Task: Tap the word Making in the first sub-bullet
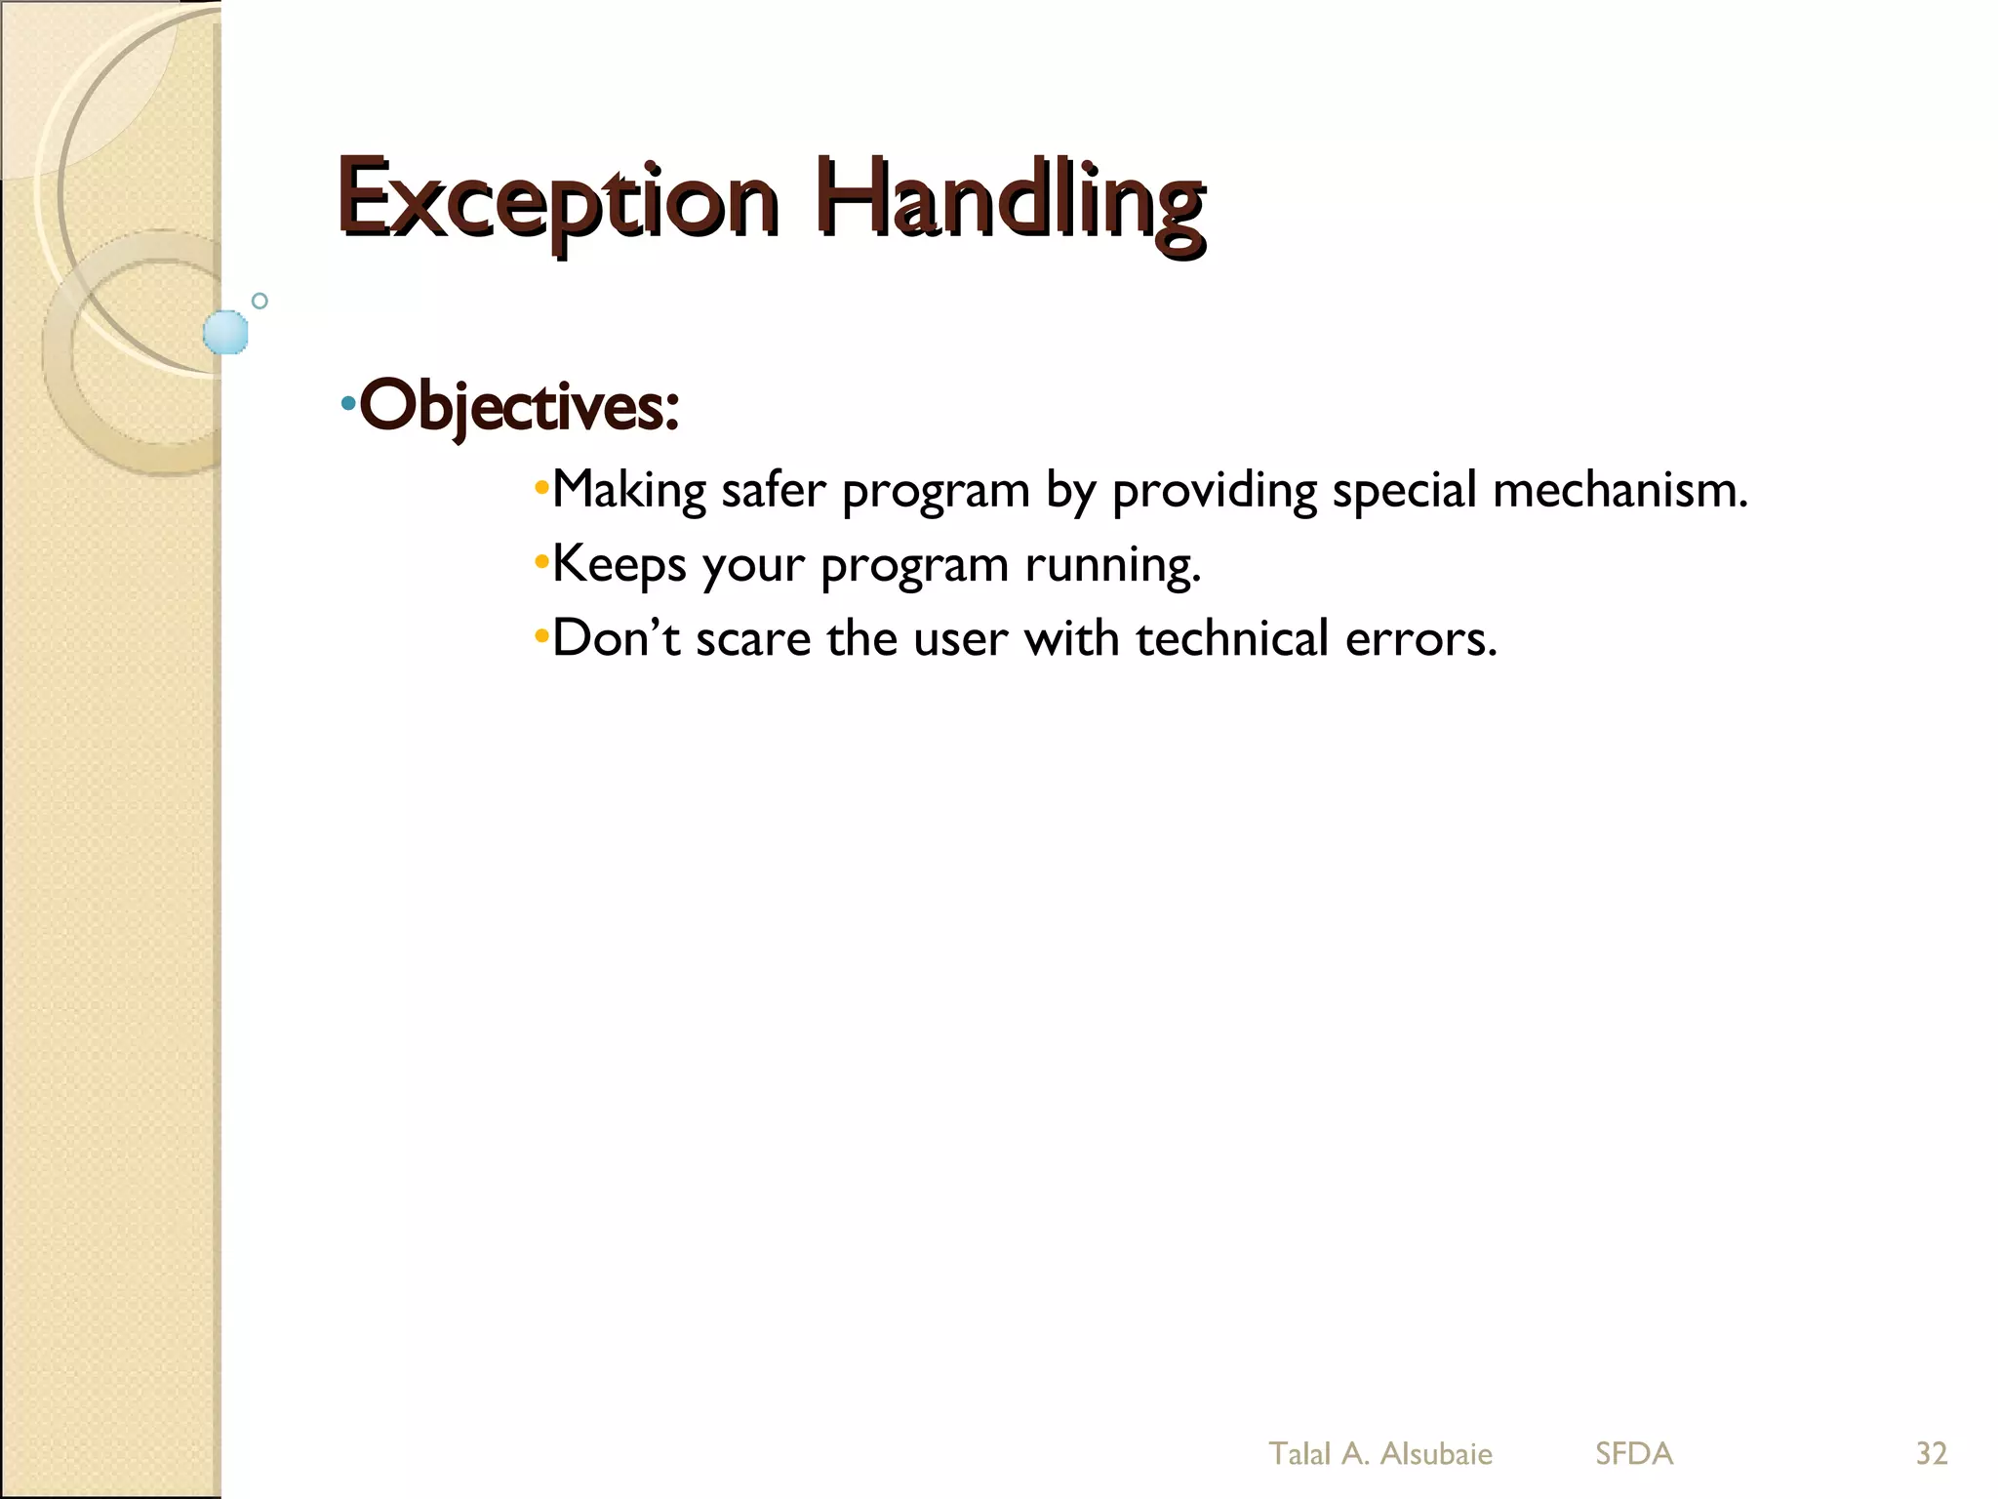click(x=629, y=490)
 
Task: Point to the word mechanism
click(x=1619, y=490)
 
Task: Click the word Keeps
click(x=619, y=565)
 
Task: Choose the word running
click(x=1112, y=565)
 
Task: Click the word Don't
click(x=616, y=638)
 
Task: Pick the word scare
click(x=753, y=638)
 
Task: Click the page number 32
click(x=1932, y=1453)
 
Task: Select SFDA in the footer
click(x=1634, y=1453)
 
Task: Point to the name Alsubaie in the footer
click(x=1436, y=1453)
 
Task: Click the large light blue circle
click(x=225, y=332)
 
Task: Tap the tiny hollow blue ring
click(x=260, y=301)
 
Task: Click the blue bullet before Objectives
click(x=348, y=403)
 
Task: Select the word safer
click(x=773, y=490)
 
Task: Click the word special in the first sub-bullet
click(x=1405, y=490)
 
